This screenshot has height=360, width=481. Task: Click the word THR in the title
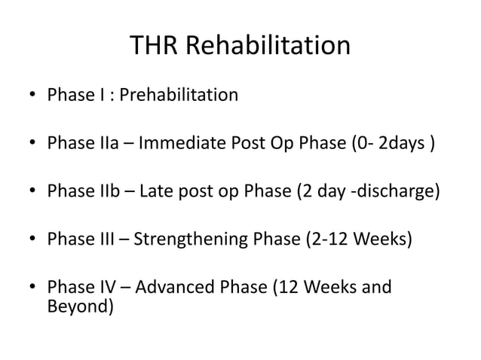point(155,46)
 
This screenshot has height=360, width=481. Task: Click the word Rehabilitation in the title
point(268,46)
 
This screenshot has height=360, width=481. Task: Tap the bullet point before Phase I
point(30,96)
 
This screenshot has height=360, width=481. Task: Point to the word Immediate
point(176,143)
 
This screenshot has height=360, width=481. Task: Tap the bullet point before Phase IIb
point(30,192)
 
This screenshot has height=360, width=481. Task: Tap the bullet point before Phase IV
point(30,288)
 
